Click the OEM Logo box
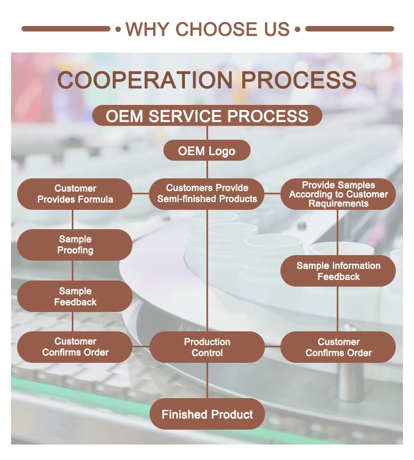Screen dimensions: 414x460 [x=207, y=151]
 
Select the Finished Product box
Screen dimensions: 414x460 [x=207, y=414]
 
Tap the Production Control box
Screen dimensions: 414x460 [x=207, y=347]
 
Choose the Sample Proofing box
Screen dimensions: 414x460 [x=75, y=245]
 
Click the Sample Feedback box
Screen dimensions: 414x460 [x=75, y=297]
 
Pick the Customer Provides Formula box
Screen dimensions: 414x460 [x=75, y=194]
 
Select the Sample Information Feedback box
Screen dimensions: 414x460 [x=338, y=271]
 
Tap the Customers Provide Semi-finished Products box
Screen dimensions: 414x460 [x=207, y=194]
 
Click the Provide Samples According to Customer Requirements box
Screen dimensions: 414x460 [x=338, y=194]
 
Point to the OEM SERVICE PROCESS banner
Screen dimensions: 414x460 [x=207, y=115]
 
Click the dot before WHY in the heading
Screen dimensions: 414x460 [x=118, y=29]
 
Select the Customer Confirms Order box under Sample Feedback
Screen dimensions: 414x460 [x=75, y=347]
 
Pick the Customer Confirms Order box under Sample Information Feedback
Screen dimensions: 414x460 [x=338, y=347]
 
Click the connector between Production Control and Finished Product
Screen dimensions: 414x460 [x=207, y=380]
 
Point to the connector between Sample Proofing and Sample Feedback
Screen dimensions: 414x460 [x=72, y=271]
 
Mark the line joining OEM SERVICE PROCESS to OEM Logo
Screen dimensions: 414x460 [x=207, y=133]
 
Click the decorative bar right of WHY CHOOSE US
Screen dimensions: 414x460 [x=349, y=29]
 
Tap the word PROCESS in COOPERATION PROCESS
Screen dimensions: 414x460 [x=299, y=80]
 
